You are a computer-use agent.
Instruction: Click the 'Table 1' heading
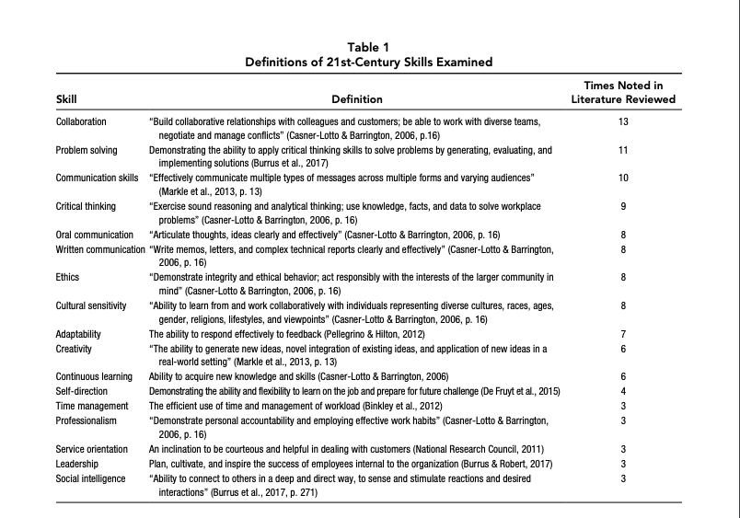[369, 47]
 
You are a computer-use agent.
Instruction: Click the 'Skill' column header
[66, 99]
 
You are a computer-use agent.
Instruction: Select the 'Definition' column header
[356, 99]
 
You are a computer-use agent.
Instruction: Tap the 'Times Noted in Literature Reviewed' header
[623, 92]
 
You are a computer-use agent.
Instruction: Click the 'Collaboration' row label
[81, 121]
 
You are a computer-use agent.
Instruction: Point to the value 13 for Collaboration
[623, 121]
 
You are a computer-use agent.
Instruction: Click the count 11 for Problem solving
[623, 149]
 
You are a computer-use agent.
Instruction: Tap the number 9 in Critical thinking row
[623, 206]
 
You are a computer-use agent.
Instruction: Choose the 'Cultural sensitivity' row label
[92, 305]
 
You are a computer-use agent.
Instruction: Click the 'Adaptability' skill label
[78, 334]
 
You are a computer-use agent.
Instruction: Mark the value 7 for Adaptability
[623, 334]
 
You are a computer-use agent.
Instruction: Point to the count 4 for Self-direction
[623, 390]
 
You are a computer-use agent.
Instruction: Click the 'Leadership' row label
[78, 464]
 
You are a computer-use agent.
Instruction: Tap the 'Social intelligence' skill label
[90, 478]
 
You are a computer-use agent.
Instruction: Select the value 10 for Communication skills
[623, 178]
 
